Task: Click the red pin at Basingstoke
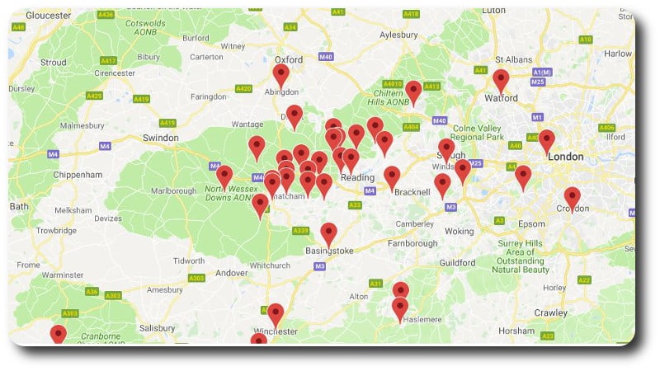pos(328,233)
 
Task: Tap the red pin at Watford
pos(501,81)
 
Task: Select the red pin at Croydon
pos(572,198)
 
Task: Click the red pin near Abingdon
pos(281,75)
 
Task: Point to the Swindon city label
pos(160,138)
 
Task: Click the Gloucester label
pos(48,16)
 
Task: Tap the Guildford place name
pos(458,262)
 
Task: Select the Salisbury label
pos(157,327)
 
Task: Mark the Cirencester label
pos(114,73)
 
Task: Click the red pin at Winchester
pos(276,313)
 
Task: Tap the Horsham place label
pos(516,331)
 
